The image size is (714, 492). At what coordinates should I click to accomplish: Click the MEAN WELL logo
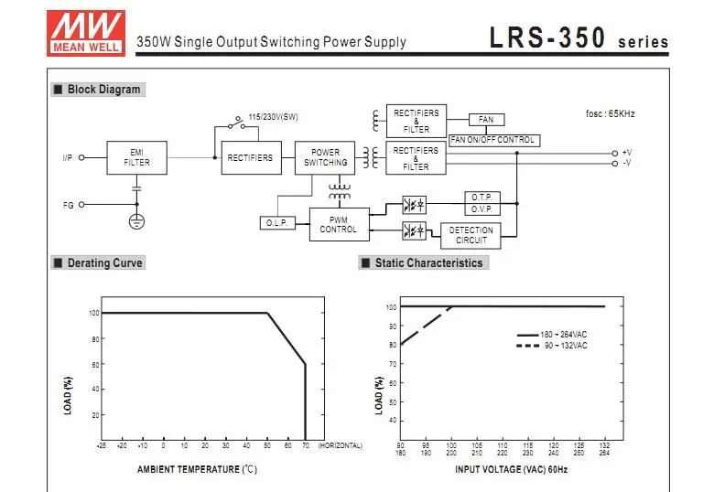pyautogui.click(x=86, y=33)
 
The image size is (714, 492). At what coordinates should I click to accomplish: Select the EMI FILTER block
pyautogui.click(x=136, y=158)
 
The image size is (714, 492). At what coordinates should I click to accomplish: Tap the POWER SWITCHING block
pyautogui.click(x=325, y=158)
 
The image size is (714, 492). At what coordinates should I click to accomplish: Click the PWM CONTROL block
pyautogui.click(x=340, y=225)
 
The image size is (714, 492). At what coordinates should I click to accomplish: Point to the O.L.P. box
pyautogui.click(x=277, y=223)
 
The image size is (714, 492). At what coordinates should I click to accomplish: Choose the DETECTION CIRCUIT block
pyautogui.click(x=471, y=236)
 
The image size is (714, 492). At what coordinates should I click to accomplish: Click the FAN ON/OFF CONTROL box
pyautogui.click(x=494, y=140)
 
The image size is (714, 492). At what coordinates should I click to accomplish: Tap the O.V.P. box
pyautogui.click(x=482, y=209)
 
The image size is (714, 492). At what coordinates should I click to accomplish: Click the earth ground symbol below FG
pyautogui.click(x=136, y=221)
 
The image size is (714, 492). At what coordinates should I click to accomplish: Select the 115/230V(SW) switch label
pyautogui.click(x=273, y=117)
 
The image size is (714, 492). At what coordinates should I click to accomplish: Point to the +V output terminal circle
pyautogui.click(x=615, y=154)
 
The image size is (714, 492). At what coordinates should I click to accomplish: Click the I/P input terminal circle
pyautogui.click(x=81, y=158)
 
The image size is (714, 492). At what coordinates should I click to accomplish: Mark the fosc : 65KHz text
pyautogui.click(x=611, y=113)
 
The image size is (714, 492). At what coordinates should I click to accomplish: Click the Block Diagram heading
pyautogui.click(x=98, y=89)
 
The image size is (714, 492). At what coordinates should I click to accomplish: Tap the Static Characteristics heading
pyautogui.click(x=424, y=262)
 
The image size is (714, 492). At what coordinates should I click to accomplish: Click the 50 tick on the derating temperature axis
pyautogui.click(x=267, y=445)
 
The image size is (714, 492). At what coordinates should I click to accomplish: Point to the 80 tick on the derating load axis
pyautogui.click(x=95, y=339)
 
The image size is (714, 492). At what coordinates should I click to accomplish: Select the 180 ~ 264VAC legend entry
pyautogui.click(x=552, y=335)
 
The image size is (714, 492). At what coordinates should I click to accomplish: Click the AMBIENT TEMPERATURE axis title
pyautogui.click(x=197, y=469)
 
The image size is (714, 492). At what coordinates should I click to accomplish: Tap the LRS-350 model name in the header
pyautogui.click(x=547, y=37)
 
